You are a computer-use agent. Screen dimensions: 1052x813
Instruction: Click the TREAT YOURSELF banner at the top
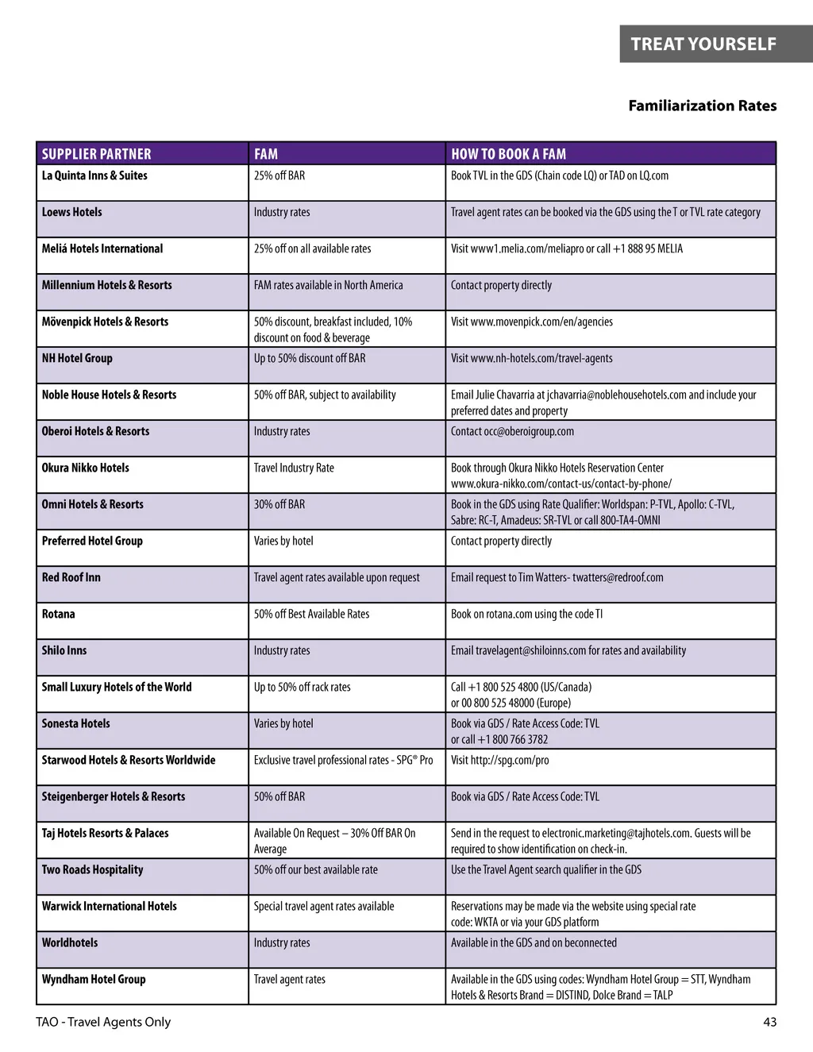[703, 44]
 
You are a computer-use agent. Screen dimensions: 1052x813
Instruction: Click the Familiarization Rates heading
[702, 106]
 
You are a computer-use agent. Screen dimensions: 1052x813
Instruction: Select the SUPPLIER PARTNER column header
[96, 154]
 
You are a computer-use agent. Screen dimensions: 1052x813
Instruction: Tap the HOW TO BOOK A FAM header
[508, 154]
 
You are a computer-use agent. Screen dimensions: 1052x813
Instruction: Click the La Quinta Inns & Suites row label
[94, 175]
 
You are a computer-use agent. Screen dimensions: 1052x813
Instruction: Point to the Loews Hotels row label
[71, 212]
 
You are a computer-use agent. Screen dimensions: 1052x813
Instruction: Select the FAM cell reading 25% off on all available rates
[312, 249]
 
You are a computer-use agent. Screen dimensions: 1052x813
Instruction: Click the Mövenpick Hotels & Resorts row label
[105, 322]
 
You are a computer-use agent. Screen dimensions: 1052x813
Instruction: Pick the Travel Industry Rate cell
[294, 468]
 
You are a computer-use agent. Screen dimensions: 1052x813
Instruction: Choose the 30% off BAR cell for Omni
[279, 504]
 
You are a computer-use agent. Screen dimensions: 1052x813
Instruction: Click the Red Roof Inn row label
[71, 577]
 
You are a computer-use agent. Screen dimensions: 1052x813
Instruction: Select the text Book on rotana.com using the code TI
[526, 614]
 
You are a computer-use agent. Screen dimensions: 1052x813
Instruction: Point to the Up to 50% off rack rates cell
[302, 687]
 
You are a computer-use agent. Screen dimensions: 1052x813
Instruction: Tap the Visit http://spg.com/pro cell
[499, 760]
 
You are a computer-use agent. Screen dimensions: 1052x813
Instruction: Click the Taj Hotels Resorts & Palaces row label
[105, 833]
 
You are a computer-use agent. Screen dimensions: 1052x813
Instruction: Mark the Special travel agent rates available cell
[324, 906]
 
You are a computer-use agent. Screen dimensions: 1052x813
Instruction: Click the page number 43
[769, 1022]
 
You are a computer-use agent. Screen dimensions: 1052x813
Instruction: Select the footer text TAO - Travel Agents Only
[103, 1022]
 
